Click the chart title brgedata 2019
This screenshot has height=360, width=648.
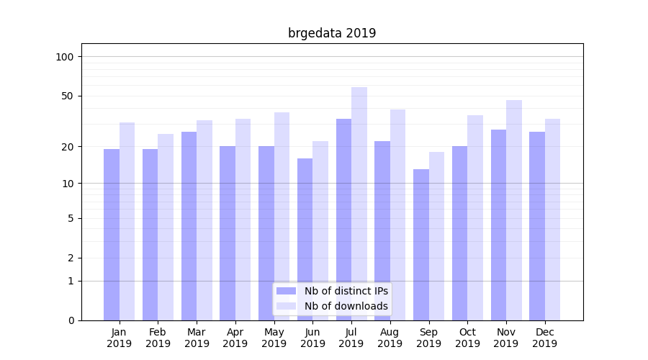click(x=332, y=33)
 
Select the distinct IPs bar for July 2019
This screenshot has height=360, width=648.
click(x=343, y=220)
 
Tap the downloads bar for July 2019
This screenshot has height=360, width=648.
click(x=359, y=204)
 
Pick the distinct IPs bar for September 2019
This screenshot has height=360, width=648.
click(x=421, y=245)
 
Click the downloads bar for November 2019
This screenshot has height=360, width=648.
click(x=514, y=210)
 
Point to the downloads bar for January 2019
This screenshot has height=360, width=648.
click(x=127, y=221)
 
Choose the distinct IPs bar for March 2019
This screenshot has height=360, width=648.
click(x=189, y=226)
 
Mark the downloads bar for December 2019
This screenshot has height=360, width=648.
click(x=553, y=220)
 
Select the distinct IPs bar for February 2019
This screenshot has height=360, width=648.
click(x=150, y=235)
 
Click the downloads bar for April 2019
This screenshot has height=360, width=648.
click(x=243, y=220)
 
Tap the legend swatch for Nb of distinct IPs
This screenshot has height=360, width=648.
click(x=286, y=291)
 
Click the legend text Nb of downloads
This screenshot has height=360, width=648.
click(x=346, y=306)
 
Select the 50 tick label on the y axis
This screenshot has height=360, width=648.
click(x=68, y=96)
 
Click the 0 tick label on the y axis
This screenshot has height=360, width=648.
click(x=71, y=320)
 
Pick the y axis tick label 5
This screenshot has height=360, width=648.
click(x=71, y=218)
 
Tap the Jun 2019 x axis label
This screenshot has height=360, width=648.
click(x=312, y=338)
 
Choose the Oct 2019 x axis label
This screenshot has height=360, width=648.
click(x=467, y=338)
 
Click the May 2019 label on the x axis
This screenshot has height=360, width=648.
click(x=274, y=338)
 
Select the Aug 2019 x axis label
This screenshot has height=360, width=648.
click(x=390, y=338)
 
